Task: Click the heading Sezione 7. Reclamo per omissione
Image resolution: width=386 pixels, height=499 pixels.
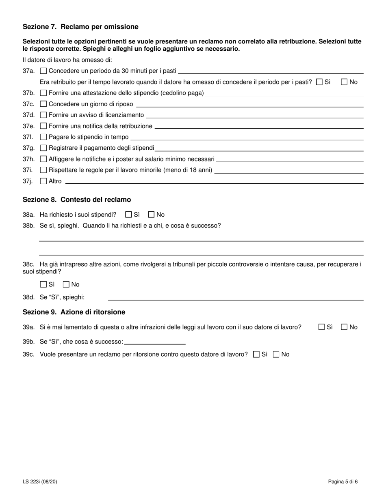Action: tap(80, 27)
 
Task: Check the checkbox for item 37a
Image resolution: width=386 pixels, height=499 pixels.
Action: tap(43, 71)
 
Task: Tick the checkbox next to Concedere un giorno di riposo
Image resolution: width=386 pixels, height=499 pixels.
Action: tap(43, 104)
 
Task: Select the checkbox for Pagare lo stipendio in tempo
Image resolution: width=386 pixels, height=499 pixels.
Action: tap(43, 137)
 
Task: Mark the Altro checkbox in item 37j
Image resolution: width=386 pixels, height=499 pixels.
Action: tap(43, 181)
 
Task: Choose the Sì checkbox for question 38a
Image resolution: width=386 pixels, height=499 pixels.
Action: tap(129, 215)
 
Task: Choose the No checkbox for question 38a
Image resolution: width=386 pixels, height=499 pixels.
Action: tap(152, 215)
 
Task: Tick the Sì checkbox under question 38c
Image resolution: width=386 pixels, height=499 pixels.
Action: tap(43, 284)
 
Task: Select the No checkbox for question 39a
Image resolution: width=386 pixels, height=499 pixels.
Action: tap(345, 327)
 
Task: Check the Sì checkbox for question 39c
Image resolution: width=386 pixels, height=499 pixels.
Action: tap(256, 354)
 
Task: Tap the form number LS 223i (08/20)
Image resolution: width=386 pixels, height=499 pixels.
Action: tap(43, 482)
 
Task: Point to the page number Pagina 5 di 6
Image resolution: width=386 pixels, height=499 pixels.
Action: tap(343, 482)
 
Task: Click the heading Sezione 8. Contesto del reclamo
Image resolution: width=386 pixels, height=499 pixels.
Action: tap(77, 200)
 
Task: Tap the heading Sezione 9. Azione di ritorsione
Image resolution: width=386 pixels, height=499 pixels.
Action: tap(74, 312)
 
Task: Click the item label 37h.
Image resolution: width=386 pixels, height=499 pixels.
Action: tap(29, 159)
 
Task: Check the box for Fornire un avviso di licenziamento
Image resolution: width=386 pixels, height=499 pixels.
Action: tap(43, 115)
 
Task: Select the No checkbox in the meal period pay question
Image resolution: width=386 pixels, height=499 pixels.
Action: tap(345, 82)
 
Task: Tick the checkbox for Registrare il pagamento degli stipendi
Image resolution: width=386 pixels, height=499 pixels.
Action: tap(43, 148)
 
